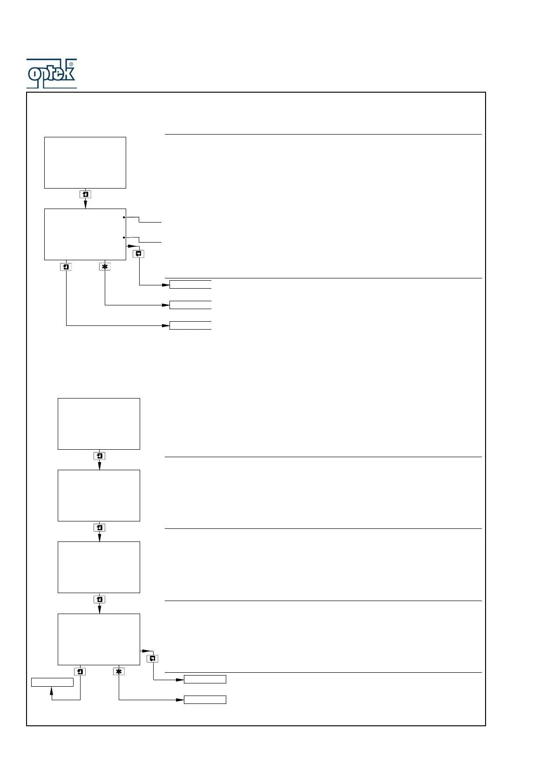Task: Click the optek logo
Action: [x=51, y=74]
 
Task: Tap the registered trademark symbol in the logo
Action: [x=71, y=64]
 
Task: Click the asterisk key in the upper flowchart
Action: [x=105, y=267]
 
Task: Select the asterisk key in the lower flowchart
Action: [x=119, y=671]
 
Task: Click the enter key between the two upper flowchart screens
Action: [x=85, y=195]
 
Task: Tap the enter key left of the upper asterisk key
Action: [x=66, y=267]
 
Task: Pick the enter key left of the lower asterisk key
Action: [x=80, y=671]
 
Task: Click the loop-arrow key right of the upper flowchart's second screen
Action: [x=139, y=254]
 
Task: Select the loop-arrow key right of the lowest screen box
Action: [x=153, y=658]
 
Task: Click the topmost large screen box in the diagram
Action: [x=85, y=162]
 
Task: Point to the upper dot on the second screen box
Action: [x=124, y=217]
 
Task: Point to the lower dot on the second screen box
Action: [x=124, y=237]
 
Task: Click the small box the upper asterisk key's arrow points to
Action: [x=190, y=305]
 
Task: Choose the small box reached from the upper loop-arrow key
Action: [x=190, y=284]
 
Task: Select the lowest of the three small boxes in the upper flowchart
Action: [x=190, y=325]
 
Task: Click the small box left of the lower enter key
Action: [x=52, y=682]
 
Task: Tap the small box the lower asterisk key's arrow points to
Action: [x=205, y=700]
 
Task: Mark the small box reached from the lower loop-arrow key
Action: [x=205, y=679]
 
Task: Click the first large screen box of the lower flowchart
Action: [x=99, y=424]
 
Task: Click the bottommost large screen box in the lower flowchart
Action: [x=99, y=639]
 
